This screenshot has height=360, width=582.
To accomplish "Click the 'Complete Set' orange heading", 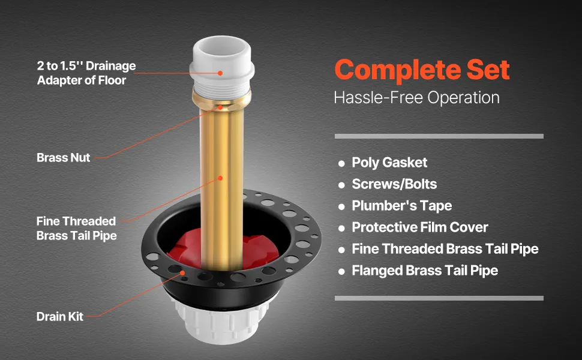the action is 422,70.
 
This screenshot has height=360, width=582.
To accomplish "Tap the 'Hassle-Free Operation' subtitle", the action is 416,98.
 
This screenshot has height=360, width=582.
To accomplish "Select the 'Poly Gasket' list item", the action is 389,163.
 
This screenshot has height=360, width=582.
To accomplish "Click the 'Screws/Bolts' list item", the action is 394,184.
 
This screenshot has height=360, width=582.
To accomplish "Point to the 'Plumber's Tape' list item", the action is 401,206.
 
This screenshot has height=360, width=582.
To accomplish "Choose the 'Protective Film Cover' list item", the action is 420,227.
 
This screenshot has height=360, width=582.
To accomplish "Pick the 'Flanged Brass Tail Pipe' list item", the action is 425,271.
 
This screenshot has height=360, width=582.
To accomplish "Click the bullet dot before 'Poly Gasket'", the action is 341,163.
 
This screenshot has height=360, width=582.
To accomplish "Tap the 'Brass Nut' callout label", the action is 64,157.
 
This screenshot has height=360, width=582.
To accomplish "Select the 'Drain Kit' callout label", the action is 60,317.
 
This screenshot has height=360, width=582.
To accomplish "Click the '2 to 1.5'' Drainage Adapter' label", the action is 86,73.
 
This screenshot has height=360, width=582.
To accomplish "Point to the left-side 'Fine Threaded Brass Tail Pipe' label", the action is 76,228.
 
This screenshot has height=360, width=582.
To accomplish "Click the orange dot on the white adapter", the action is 220,73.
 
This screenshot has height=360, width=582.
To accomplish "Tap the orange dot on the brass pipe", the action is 220,178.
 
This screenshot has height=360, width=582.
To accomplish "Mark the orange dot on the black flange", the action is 182,273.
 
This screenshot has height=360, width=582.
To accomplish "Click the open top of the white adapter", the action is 221,47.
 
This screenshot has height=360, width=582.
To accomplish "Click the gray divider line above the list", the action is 439,136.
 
